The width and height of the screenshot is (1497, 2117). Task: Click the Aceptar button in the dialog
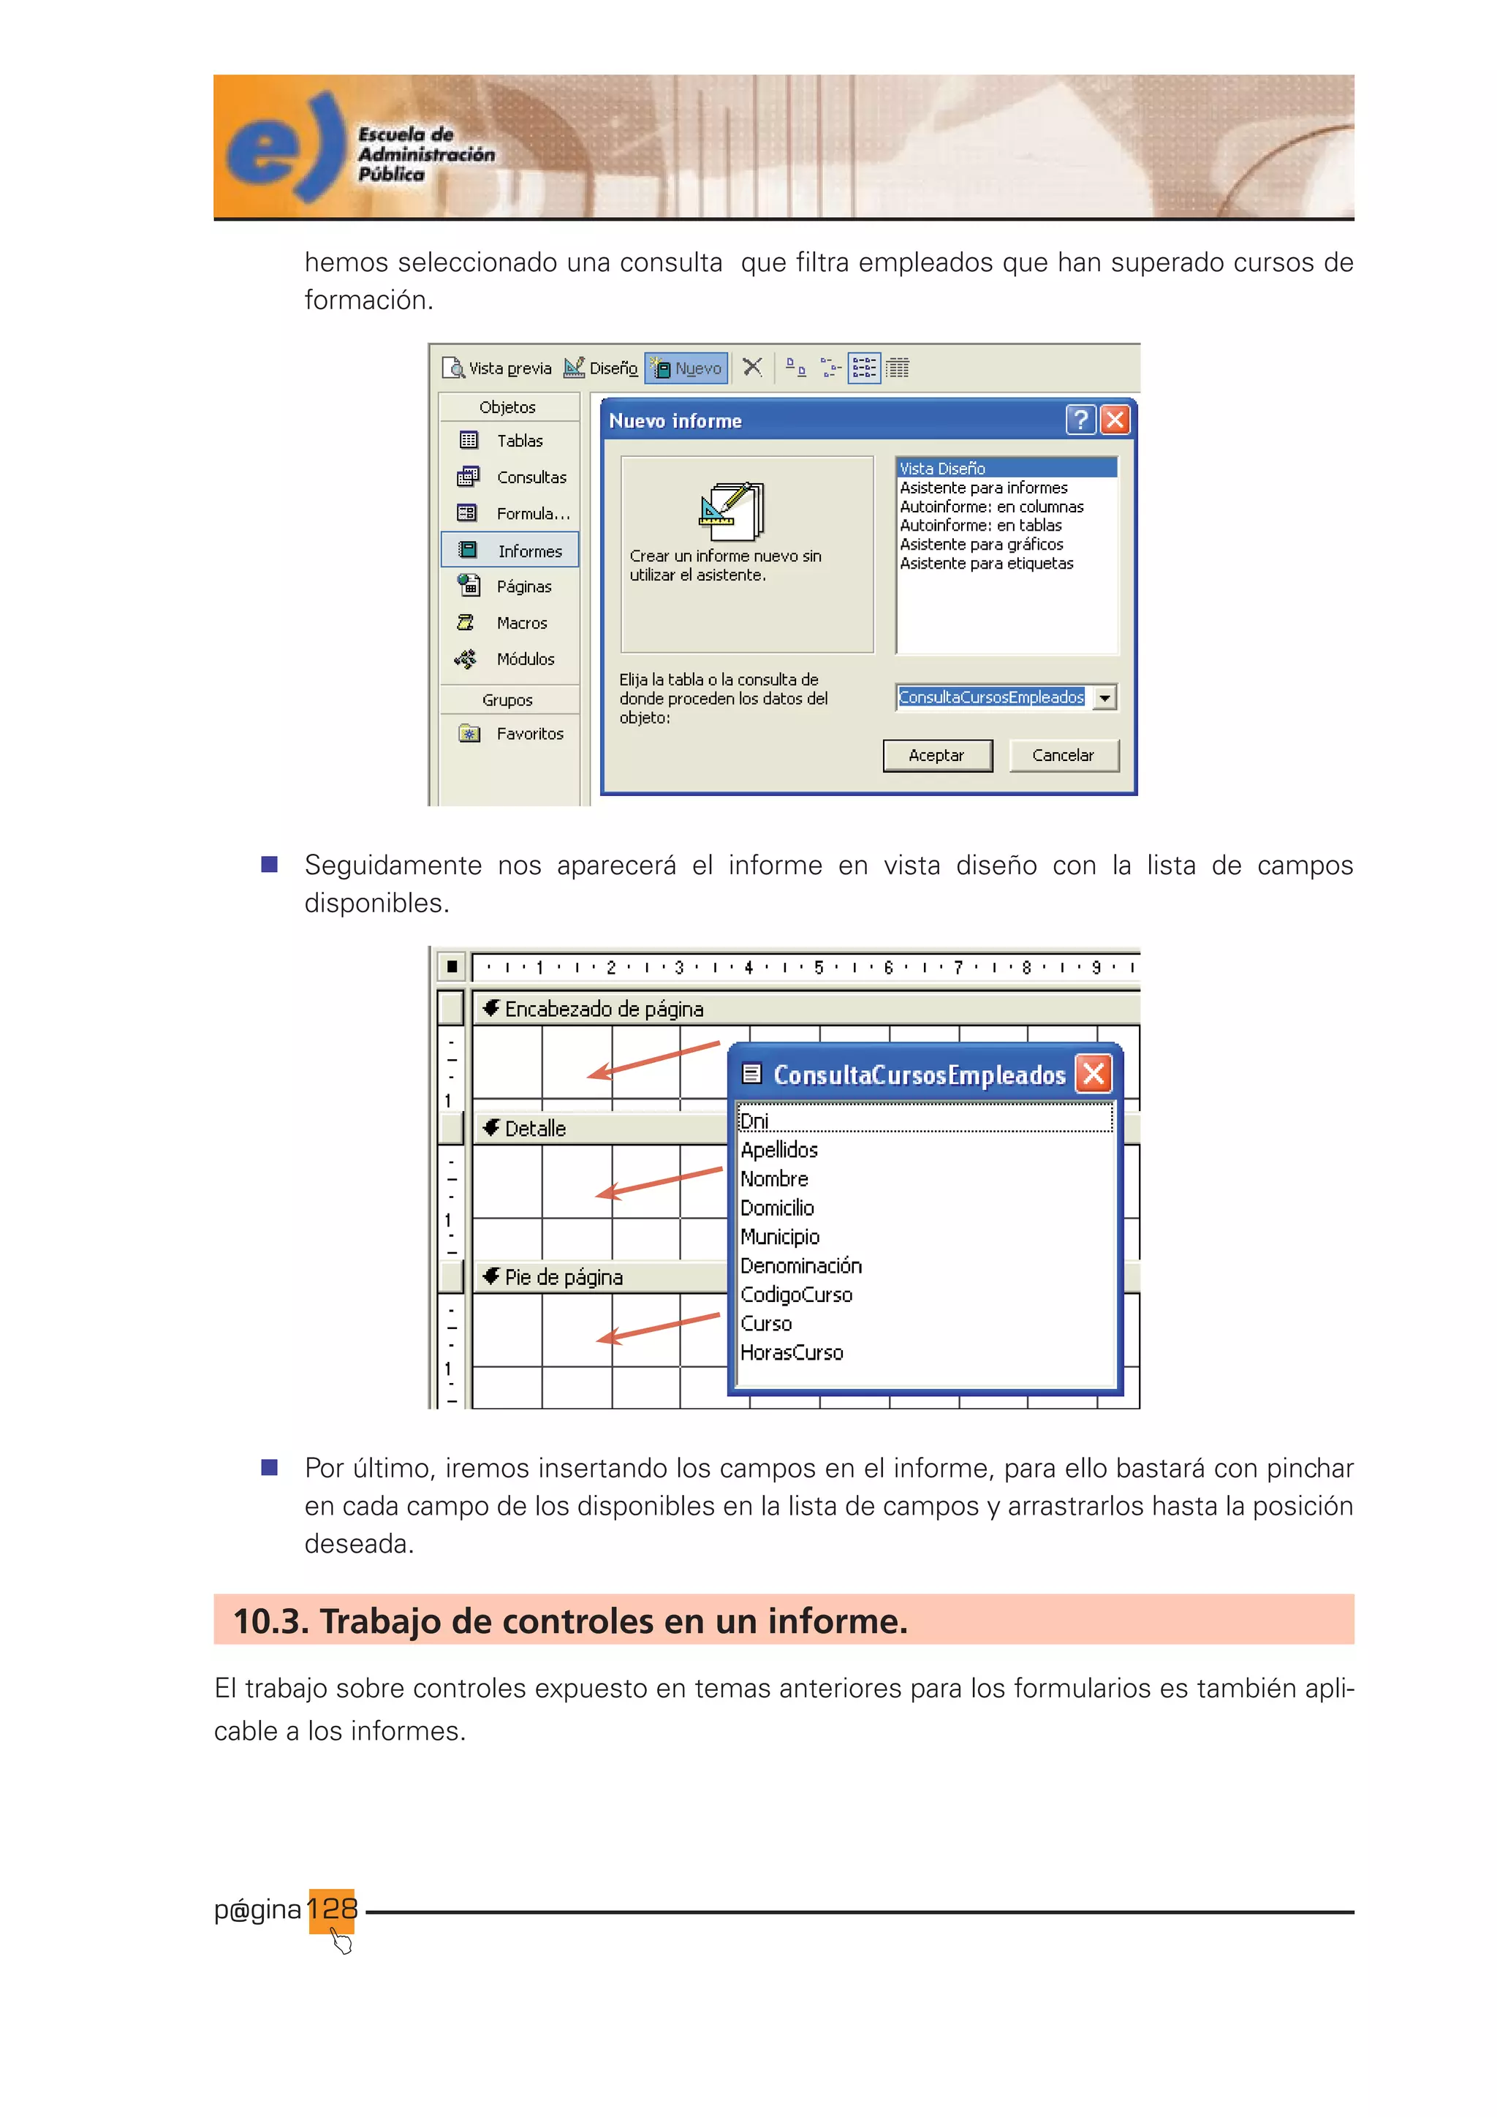point(936,755)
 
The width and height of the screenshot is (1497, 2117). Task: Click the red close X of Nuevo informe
point(1115,420)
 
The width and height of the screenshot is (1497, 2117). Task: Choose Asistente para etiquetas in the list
point(986,564)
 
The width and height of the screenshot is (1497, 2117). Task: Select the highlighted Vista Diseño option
point(943,469)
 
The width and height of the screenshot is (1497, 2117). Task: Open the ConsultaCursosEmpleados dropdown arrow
point(1104,698)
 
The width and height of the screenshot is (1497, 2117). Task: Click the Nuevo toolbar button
point(687,368)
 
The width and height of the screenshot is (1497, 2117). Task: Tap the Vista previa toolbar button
point(498,368)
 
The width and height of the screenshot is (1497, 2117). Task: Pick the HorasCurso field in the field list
point(792,1352)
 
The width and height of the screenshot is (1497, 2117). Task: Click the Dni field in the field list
point(755,1121)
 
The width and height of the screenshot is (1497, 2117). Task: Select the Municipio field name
point(780,1236)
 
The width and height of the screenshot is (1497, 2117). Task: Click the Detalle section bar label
point(534,1129)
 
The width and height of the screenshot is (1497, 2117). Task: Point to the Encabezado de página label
point(604,1009)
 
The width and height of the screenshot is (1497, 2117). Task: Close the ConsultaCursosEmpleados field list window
point(1094,1074)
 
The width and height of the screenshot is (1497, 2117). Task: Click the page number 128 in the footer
point(332,1908)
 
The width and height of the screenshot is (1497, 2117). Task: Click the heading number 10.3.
point(269,1621)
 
